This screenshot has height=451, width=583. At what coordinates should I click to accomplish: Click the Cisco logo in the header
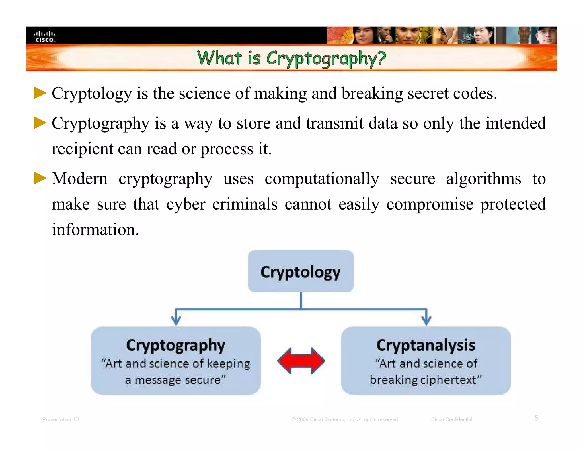click(x=44, y=36)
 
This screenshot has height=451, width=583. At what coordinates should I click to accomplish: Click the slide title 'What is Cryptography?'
click(x=291, y=58)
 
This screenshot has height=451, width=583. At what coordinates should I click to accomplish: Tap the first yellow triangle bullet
click(x=40, y=93)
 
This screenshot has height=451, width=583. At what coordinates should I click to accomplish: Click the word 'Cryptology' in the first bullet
click(x=92, y=94)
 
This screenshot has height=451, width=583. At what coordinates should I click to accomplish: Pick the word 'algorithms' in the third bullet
click(x=483, y=179)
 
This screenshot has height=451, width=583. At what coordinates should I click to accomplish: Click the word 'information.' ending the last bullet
click(x=95, y=229)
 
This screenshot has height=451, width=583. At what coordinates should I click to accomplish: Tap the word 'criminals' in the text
click(x=245, y=204)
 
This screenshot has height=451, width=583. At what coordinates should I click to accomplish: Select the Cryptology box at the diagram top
click(x=301, y=271)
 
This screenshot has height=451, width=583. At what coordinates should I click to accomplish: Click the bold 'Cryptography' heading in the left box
click(x=176, y=345)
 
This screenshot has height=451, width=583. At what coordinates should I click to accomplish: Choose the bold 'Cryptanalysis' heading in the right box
click(x=426, y=345)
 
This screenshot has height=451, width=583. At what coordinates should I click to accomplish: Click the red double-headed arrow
click(x=301, y=361)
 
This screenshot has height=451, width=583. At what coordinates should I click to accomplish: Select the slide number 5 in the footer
click(x=536, y=418)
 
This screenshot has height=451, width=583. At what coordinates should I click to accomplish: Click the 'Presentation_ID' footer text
click(x=61, y=419)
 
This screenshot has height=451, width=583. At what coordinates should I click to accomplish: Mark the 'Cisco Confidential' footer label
click(x=451, y=419)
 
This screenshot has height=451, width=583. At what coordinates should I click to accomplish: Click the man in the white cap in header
click(x=546, y=36)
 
